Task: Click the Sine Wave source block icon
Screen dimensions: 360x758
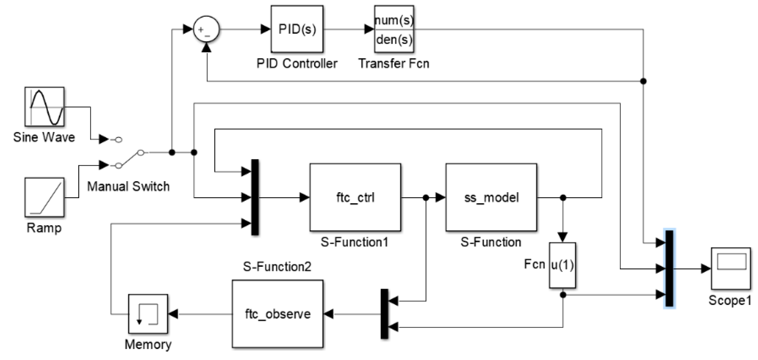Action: pyautogui.click(x=44, y=107)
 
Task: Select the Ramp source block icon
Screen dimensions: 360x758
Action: pyautogui.click(x=44, y=197)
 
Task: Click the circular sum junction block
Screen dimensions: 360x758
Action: pyautogui.click(x=206, y=29)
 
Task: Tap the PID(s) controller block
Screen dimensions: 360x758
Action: pyautogui.click(x=297, y=29)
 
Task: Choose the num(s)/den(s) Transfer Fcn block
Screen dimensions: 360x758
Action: pyautogui.click(x=394, y=29)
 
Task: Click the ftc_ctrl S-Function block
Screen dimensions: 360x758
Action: pyautogui.click(x=355, y=197)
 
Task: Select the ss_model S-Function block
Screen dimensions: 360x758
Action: pyautogui.click(x=491, y=197)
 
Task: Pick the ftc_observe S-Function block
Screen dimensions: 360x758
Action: pyautogui.click(x=277, y=314)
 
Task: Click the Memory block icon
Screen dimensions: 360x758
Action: pyautogui.click(x=148, y=314)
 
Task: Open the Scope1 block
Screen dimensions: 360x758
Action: pyautogui.click(x=731, y=268)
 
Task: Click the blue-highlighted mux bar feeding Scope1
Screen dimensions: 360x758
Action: pyautogui.click(x=669, y=268)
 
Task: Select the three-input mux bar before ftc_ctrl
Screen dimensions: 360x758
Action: pyautogui.click(x=255, y=197)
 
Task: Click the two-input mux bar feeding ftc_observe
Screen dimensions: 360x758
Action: pyautogui.click(x=384, y=314)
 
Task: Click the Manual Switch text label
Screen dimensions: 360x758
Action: pyautogui.click(x=128, y=186)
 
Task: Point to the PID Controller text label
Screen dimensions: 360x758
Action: pyautogui.click(x=297, y=63)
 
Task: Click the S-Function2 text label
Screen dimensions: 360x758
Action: pyautogui.click(x=277, y=266)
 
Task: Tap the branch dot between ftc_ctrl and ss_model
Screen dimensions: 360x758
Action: pyautogui.click(x=425, y=198)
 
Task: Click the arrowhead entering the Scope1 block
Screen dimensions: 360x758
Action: pyautogui.click(x=706, y=268)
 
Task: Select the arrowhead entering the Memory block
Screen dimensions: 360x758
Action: pyautogui.click(x=173, y=314)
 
